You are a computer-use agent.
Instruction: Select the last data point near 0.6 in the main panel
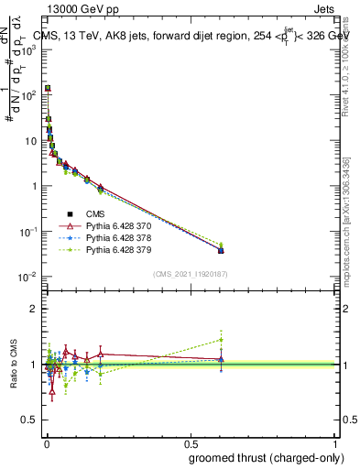click(221, 249)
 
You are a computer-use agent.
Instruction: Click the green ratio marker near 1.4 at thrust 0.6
click(221, 340)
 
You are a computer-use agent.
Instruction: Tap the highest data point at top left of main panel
click(48, 88)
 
